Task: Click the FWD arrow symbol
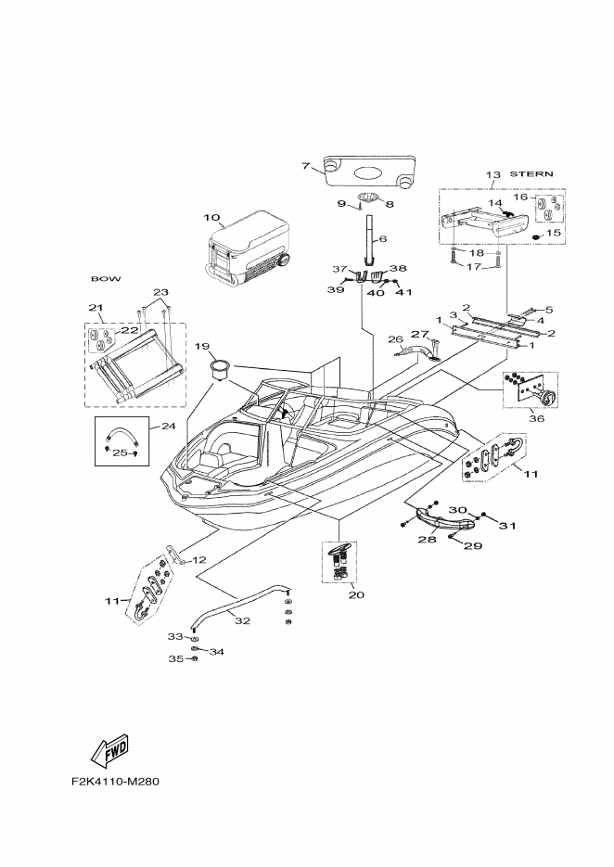pos(110,750)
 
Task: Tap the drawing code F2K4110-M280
pos(115,782)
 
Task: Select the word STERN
pos(531,173)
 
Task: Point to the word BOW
pos(106,279)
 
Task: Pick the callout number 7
pos(305,166)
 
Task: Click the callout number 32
pos(242,620)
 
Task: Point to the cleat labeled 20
pos(339,561)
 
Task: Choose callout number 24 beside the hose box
pos(168,426)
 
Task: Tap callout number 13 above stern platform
pos(492,174)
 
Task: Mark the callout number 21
pos(96,308)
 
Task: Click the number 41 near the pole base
pos(405,291)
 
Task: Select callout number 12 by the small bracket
pos(198,560)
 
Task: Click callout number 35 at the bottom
pos(175,658)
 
